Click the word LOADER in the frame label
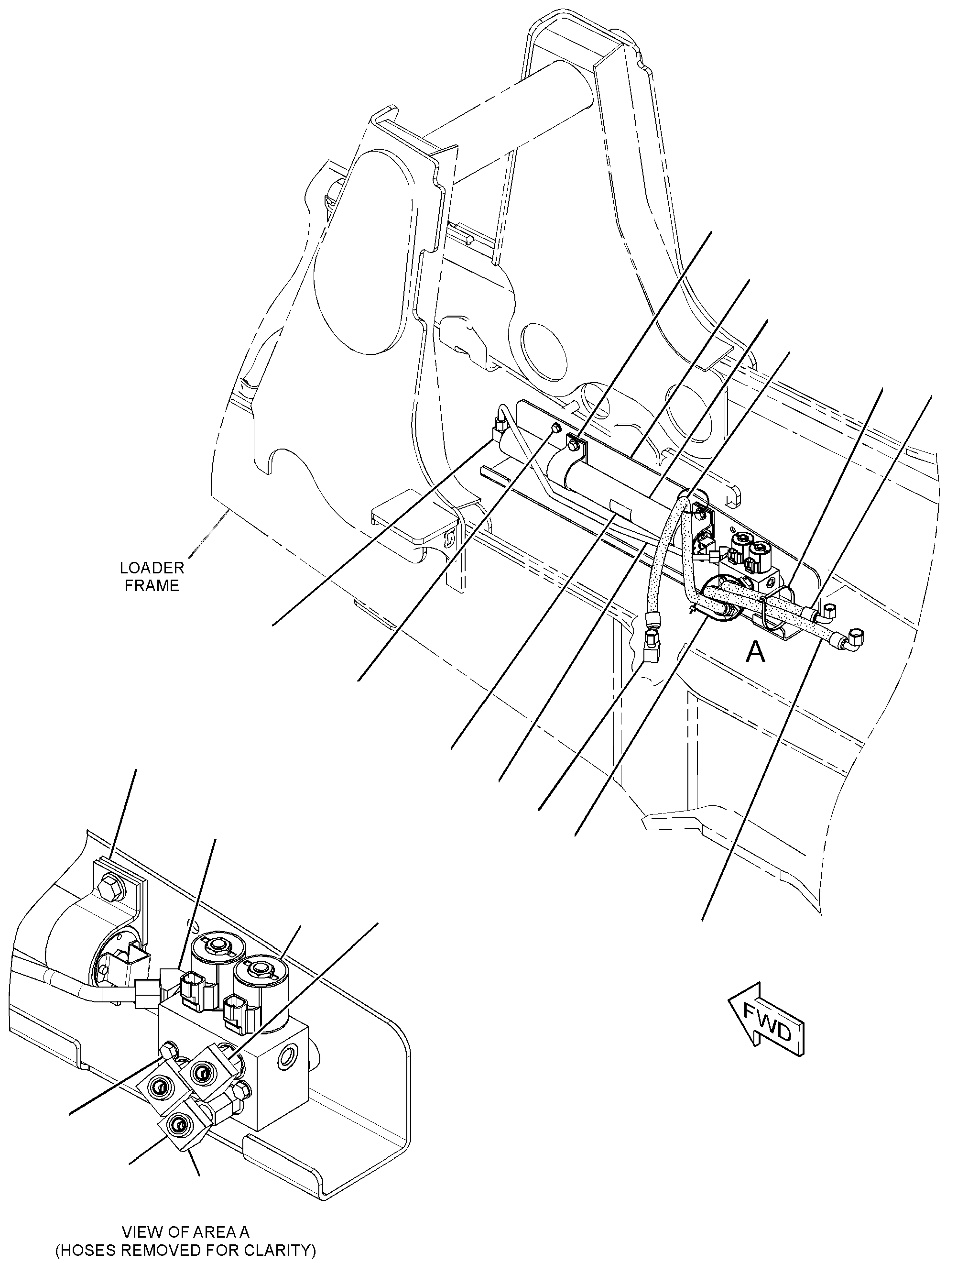coord(152,568)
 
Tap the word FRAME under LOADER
coord(152,586)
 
